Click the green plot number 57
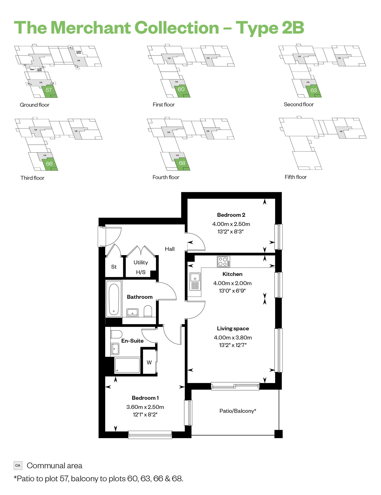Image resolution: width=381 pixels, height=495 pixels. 49,90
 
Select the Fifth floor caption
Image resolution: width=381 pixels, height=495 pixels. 296,177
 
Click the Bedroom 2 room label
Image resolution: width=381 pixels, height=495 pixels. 231,215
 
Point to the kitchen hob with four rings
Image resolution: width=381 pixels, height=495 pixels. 224,261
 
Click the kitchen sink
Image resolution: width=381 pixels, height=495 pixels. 195,282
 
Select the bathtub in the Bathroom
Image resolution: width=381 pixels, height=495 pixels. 114,299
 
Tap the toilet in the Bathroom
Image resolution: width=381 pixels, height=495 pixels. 148,311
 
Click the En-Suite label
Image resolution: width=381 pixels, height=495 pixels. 132,341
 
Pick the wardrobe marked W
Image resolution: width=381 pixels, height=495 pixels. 149,362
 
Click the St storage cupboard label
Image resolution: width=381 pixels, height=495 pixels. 114,267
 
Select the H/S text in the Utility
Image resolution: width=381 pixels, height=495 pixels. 141,272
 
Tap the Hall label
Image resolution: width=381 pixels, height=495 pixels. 170,249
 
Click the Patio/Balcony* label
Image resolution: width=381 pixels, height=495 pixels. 238,411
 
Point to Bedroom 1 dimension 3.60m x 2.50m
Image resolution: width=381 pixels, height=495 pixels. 145,407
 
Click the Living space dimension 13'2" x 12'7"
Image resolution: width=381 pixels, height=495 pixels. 233,345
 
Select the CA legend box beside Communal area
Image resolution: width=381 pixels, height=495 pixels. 18,465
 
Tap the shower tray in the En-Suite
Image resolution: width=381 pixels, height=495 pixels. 127,365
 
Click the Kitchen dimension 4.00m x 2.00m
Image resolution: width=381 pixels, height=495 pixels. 232,283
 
